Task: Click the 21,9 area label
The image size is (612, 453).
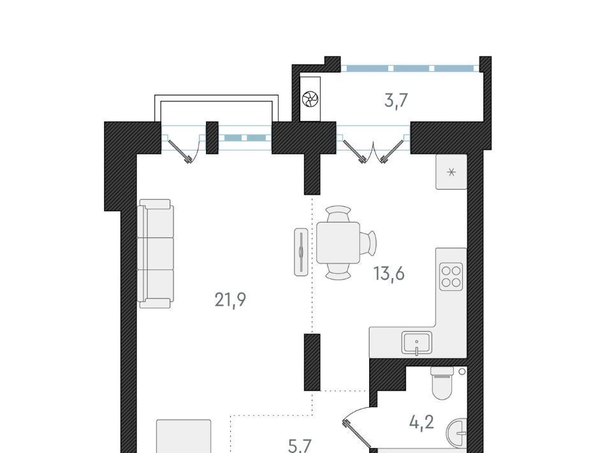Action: pyautogui.click(x=230, y=300)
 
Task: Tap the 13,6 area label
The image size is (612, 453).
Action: pyautogui.click(x=389, y=273)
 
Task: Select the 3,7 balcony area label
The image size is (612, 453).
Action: pyautogui.click(x=396, y=101)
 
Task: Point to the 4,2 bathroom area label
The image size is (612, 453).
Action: pyautogui.click(x=422, y=422)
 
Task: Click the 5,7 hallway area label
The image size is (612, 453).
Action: pyautogui.click(x=300, y=445)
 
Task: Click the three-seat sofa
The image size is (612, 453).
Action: pyautogui.click(x=156, y=253)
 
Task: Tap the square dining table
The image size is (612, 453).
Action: pyautogui.click(x=338, y=242)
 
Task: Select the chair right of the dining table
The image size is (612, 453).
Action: pyautogui.click(x=368, y=242)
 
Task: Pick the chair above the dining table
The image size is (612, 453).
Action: pyautogui.click(x=338, y=214)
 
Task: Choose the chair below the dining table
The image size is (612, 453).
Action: pyautogui.click(x=338, y=271)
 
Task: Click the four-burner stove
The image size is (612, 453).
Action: pyautogui.click(x=451, y=276)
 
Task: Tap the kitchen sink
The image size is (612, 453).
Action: pyautogui.click(x=417, y=343)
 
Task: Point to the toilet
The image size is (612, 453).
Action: pyautogui.click(x=442, y=383)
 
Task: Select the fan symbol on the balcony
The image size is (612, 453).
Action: pyautogui.click(x=310, y=99)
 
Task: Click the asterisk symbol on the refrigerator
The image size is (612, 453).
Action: pyautogui.click(x=451, y=172)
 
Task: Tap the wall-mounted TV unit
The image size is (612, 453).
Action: pyautogui.click(x=302, y=252)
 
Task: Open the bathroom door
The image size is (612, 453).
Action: pyautogui.click(x=356, y=426)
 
